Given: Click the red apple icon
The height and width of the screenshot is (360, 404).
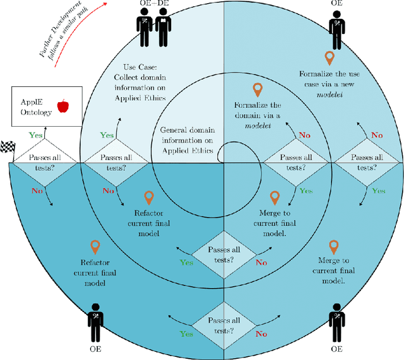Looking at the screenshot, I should coord(63,105).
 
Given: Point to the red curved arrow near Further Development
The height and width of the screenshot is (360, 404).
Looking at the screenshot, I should coord(79,35).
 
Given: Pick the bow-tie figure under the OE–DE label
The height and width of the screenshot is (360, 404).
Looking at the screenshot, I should coord(163,29).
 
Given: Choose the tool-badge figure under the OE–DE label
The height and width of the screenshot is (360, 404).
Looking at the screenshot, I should coord(143,29).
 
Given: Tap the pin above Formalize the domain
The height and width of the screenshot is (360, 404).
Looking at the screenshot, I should coord(257,89).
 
